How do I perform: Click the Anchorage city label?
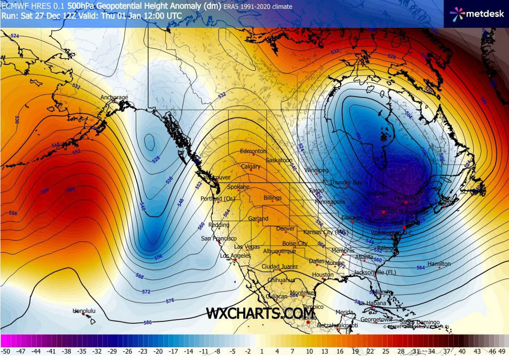click(x=114, y=98)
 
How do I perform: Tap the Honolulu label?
click(x=84, y=311)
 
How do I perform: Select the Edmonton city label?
click(x=253, y=151)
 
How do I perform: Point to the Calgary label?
click(x=250, y=167)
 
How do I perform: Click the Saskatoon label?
click(x=279, y=161)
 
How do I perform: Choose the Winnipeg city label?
click(x=316, y=170)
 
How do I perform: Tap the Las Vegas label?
click(x=248, y=247)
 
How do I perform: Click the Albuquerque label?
click(x=279, y=251)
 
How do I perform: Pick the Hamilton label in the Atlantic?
click(x=439, y=264)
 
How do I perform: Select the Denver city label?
click(x=285, y=229)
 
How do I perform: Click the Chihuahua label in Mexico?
click(x=281, y=280)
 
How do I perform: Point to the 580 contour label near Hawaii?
click(x=148, y=323)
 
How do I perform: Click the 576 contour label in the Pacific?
click(x=170, y=301)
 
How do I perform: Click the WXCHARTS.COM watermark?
click(x=249, y=313)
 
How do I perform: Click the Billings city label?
click(x=272, y=198)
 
